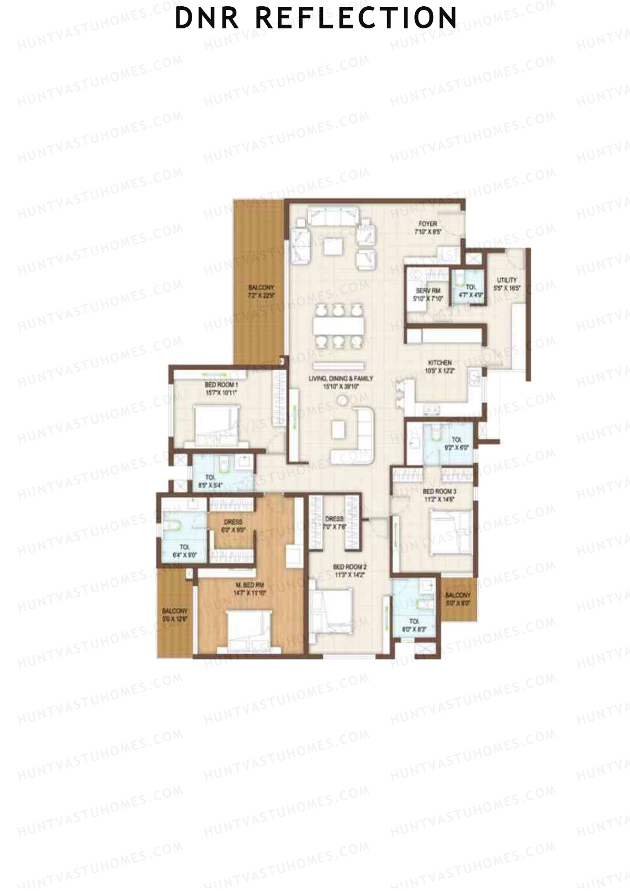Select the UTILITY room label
pyautogui.click(x=507, y=284)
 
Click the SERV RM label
pyautogui.click(x=428, y=295)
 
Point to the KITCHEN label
pyautogui.click(x=440, y=366)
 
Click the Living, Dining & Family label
pyautogui.click(x=341, y=382)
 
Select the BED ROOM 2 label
pyautogui.click(x=350, y=571)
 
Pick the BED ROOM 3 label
pyautogui.click(x=439, y=495)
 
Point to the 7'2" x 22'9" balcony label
pyautogui.click(x=261, y=291)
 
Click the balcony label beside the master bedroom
pyautogui.click(x=175, y=615)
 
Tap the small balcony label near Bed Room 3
pyautogui.click(x=458, y=599)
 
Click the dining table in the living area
pyautogui.click(x=339, y=326)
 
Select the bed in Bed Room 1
pyautogui.click(x=215, y=423)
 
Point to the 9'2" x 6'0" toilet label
pyautogui.click(x=457, y=444)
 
